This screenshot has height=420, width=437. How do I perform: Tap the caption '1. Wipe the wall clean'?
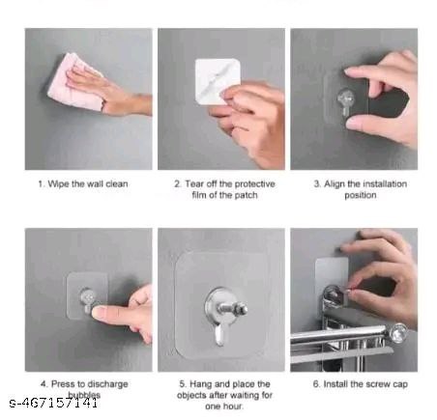[x=84, y=183]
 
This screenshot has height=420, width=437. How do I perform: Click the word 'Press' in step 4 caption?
[x=62, y=382]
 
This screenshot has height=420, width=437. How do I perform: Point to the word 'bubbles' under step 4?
[x=84, y=394]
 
